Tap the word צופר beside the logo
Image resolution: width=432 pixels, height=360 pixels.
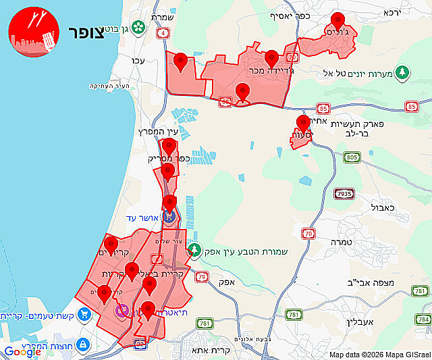(x=86, y=33)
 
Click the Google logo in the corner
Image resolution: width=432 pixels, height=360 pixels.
(x=22, y=351)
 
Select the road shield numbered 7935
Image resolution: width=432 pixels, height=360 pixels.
(x=344, y=194)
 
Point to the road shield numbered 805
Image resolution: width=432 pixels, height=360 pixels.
(x=351, y=157)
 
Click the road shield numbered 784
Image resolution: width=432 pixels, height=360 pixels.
(x=423, y=319)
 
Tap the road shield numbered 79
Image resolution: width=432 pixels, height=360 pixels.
(x=201, y=276)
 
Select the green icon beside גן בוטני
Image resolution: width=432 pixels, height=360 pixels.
(x=138, y=28)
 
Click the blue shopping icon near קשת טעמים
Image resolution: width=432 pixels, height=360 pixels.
(x=84, y=314)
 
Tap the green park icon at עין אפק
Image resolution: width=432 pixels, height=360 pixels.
(x=194, y=251)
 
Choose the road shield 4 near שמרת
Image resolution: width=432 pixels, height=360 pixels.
(x=163, y=32)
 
